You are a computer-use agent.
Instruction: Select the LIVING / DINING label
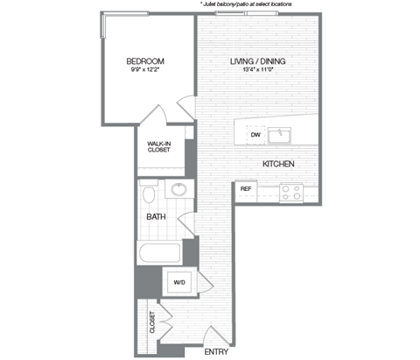tap(258, 61)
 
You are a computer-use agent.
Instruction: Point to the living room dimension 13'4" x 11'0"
tap(258, 71)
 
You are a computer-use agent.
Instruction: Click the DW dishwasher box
tap(255, 135)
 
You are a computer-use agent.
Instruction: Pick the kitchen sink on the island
tap(280, 135)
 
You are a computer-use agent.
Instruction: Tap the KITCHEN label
tap(277, 165)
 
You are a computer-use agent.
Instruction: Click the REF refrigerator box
tap(246, 189)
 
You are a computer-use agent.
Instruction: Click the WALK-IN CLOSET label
tap(158, 146)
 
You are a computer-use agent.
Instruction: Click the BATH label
tap(156, 216)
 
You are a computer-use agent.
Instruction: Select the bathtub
tap(159, 254)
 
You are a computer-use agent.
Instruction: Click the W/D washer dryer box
tap(179, 282)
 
